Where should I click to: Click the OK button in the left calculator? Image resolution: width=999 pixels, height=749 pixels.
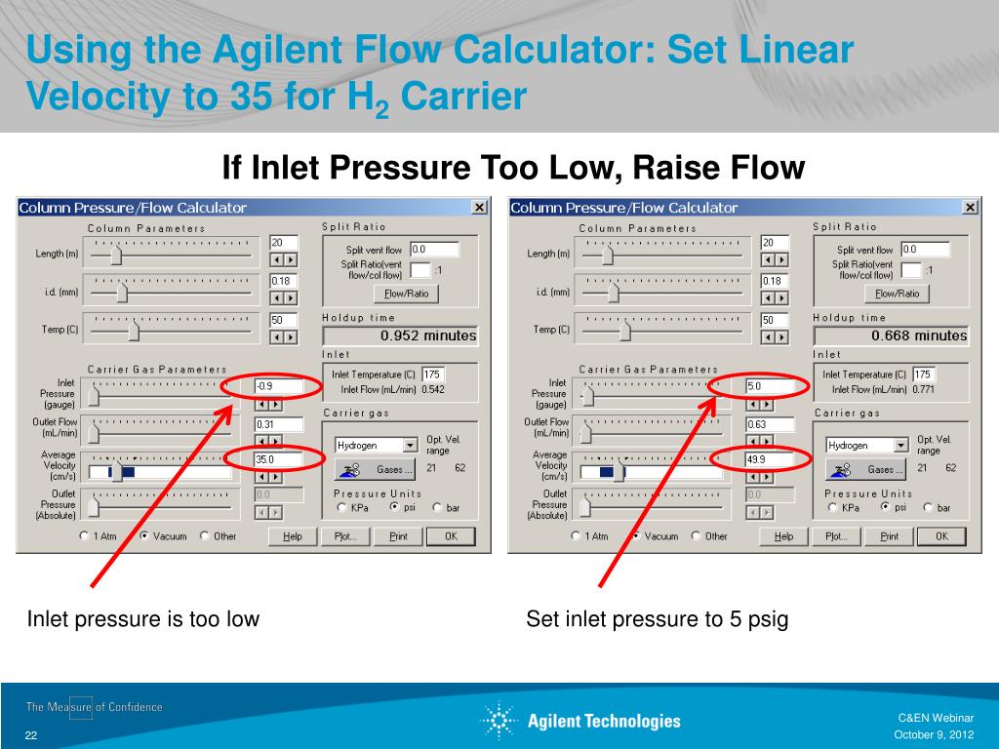click(451, 536)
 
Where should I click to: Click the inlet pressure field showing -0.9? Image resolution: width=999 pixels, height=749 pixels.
click(278, 386)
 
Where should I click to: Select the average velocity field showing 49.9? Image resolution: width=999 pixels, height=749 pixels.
click(770, 459)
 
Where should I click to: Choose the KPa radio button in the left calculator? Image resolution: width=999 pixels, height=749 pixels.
click(341, 507)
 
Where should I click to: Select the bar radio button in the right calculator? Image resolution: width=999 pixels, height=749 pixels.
click(929, 507)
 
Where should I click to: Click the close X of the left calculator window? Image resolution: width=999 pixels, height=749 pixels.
click(479, 207)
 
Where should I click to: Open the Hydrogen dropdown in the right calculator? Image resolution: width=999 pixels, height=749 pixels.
click(901, 445)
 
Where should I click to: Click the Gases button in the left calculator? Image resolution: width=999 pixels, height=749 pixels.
click(376, 469)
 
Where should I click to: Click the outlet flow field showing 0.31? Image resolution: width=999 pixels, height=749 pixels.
click(278, 424)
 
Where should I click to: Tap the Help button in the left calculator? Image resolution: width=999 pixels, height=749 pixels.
click(293, 536)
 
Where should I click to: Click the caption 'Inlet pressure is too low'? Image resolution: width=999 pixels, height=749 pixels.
click(143, 619)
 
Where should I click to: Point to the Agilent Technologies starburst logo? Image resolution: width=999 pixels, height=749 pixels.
click(499, 721)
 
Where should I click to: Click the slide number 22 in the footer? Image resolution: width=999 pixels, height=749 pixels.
click(31, 735)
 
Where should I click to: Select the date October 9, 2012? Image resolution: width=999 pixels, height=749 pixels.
click(934, 734)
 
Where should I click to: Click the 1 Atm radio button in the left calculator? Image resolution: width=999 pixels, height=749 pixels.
click(84, 535)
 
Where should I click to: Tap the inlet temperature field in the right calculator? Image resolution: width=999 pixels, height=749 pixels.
click(923, 374)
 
